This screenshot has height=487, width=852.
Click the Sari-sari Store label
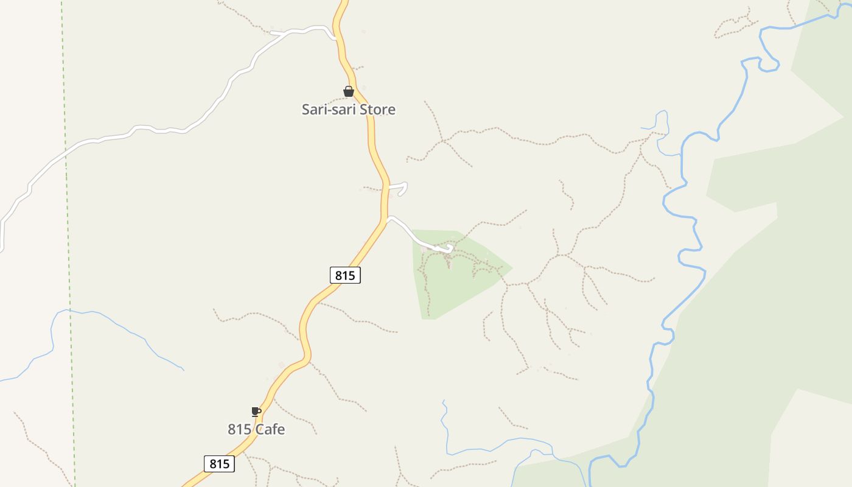pyautogui.click(x=349, y=110)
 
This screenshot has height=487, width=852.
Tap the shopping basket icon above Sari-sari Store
pyautogui.click(x=349, y=92)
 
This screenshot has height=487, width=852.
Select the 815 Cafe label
pyautogui.click(x=256, y=429)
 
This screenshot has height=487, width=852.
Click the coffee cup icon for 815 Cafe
pyautogui.click(x=256, y=412)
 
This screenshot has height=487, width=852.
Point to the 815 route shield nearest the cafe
pyautogui.click(x=219, y=464)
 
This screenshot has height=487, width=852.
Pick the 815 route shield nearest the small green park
pyautogui.click(x=345, y=275)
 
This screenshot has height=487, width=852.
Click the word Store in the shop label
pyautogui.click(x=377, y=110)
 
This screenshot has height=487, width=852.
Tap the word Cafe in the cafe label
pyautogui.click(x=270, y=429)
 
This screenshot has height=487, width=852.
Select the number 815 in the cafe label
pyautogui.click(x=240, y=429)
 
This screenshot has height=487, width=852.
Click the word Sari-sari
pyautogui.click(x=329, y=110)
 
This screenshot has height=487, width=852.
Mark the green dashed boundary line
pyautogui.click(x=68, y=243)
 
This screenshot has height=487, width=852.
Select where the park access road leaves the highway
pyautogui.click(x=387, y=219)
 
